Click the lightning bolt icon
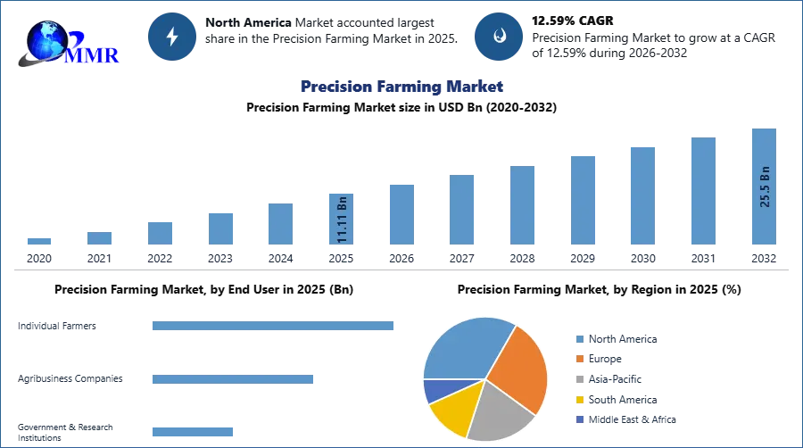[x=173, y=37]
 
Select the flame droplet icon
[x=500, y=37]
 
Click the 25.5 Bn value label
[x=765, y=186]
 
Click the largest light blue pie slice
[x=464, y=348]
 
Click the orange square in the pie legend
[x=579, y=359]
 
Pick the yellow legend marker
[x=579, y=400]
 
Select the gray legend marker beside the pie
[x=579, y=379]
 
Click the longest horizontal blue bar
[x=274, y=328]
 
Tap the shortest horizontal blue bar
[x=192, y=429]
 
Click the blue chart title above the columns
[x=401, y=87]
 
